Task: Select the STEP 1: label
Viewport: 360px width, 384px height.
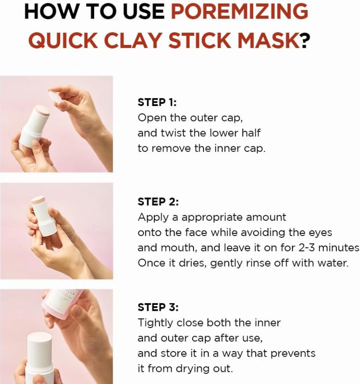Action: click(157, 102)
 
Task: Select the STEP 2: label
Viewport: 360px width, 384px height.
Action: click(158, 202)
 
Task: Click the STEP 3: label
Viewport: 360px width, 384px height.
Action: click(158, 307)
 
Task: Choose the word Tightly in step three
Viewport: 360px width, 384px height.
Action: click(154, 323)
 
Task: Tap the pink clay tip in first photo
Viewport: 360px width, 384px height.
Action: click(42, 110)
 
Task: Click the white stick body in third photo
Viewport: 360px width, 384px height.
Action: click(40, 358)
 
